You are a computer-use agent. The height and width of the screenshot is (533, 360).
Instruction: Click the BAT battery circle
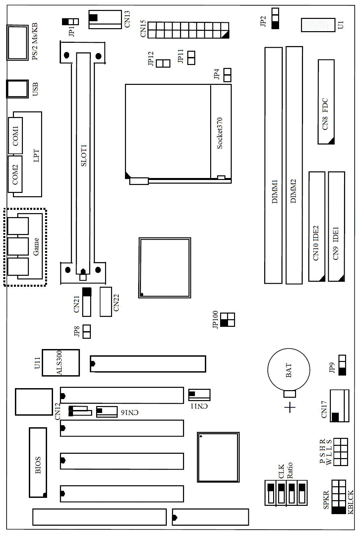coord(288,370)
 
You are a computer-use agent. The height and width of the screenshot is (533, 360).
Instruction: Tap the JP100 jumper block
coord(227,320)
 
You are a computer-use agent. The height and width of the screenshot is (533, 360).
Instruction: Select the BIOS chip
coord(38,463)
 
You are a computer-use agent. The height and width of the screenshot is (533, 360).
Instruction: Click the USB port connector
coord(17,89)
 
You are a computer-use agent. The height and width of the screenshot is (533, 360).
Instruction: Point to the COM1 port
coord(15,135)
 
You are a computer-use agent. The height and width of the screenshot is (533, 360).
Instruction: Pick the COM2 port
coord(15,174)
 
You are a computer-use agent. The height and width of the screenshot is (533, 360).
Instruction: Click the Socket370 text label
coord(219,133)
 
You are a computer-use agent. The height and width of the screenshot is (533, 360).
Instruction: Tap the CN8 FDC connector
coord(326,102)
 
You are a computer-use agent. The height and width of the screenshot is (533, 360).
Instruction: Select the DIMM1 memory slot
coord(273,165)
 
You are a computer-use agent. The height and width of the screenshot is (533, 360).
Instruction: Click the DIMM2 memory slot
coord(294,165)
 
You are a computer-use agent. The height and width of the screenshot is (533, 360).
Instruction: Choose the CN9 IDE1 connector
coord(336,226)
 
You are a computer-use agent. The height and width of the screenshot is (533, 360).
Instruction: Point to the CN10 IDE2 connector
coord(317,226)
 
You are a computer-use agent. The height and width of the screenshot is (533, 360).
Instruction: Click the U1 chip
coord(318,25)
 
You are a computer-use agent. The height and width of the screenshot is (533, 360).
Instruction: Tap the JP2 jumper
coord(275,19)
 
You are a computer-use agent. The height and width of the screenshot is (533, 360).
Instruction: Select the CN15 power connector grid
coord(188,30)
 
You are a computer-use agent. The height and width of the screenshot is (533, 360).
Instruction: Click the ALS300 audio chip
coord(61,363)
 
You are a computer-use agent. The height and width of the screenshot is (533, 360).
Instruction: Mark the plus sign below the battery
coord(290,407)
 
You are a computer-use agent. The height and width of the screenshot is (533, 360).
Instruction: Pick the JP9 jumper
coord(342,365)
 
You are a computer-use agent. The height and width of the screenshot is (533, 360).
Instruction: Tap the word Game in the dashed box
coord(36,247)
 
